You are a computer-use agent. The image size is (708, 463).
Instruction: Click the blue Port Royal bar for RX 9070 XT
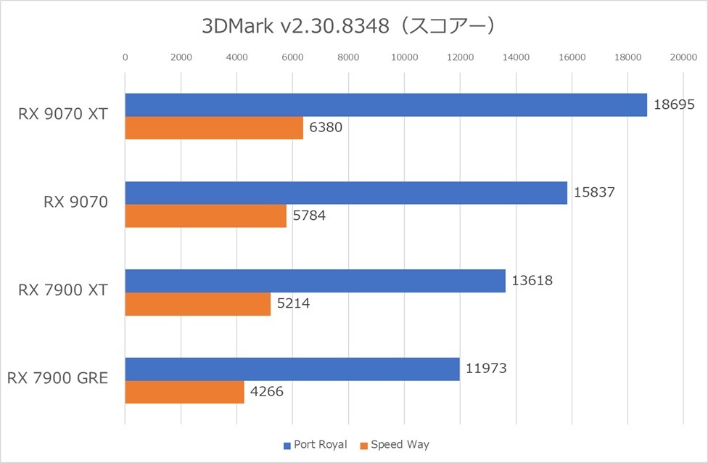(386, 105)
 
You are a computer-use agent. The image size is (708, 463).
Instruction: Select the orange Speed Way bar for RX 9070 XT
(214, 128)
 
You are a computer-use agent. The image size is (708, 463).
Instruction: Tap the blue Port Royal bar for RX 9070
(346, 193)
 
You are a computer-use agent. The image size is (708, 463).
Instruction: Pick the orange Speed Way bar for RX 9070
(206, 216)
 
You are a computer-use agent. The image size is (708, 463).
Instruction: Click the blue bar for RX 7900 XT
(315, 281)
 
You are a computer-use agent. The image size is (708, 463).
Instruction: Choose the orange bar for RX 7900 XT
(198, 304)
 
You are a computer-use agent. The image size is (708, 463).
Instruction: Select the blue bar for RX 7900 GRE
(292, 369)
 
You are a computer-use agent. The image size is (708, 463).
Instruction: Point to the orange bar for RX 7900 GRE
(184, 392)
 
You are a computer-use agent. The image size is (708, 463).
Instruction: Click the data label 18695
(675, 105)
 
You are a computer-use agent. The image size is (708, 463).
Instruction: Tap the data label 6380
(326, 128)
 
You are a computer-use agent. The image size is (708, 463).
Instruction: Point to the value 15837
(595, 193)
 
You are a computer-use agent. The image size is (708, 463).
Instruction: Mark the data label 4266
(266, 392)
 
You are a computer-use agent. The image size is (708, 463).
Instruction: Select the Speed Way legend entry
(398, 444)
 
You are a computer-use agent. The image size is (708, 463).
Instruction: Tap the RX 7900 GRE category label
(57, 378)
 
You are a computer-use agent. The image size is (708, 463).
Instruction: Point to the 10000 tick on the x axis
(404, 57)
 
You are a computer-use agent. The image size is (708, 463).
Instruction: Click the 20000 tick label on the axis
(683, 57)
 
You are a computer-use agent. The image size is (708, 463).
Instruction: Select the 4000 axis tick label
(236, 57)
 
